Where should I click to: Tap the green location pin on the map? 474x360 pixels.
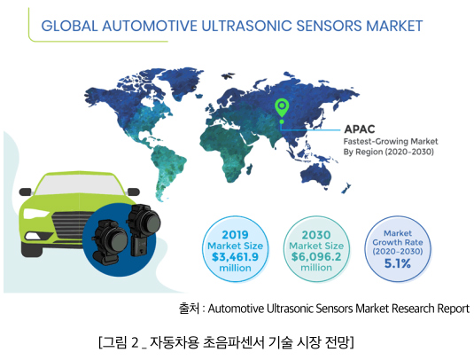tap(282, 108)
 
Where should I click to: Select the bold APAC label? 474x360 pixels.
tap(360, 129)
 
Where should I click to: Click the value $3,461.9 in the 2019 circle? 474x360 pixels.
tap(235, 257)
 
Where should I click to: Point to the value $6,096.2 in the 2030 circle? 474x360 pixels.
tap(316, 257)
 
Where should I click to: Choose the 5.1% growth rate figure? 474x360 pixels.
tap(398, 263)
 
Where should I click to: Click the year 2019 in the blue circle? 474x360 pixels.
tap(235, 235)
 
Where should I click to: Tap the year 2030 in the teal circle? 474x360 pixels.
tap(316, 235)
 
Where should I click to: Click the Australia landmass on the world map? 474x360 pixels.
tap(316, 176)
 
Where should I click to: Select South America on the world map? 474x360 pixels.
tap(167, 169)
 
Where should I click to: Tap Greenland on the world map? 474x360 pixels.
tap(185, 80)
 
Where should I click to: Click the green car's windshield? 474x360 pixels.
tap(79, 185)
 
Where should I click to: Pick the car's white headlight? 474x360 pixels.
tap(35, 214)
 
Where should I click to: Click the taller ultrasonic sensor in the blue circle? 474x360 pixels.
tap(143, 229)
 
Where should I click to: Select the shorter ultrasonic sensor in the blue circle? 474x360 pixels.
tap(109, 242)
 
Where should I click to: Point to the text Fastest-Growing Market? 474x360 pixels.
tap(391, 141)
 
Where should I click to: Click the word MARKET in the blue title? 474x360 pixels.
tap(394, 26)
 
